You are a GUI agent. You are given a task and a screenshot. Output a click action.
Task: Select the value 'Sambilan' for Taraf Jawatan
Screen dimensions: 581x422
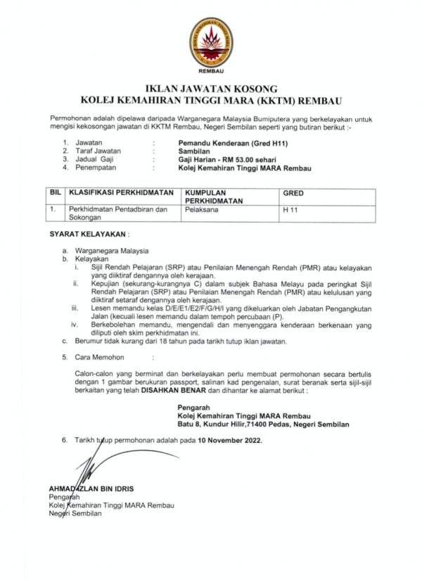pos(192,151)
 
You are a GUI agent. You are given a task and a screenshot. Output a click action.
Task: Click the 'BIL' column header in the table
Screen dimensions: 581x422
pos(56,192)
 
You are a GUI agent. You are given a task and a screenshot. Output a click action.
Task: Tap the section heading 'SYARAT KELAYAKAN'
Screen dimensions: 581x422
pos(88,233)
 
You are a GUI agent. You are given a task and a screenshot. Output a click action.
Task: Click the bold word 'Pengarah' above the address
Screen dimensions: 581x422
pos(193,407)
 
